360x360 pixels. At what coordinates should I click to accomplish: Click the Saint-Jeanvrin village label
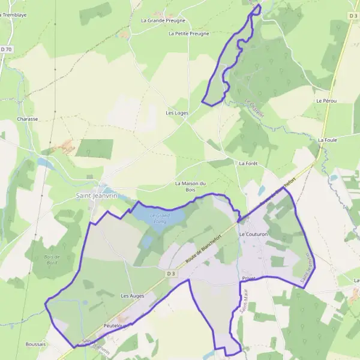coord(97,195)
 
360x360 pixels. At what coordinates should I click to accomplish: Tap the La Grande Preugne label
coord(163,20)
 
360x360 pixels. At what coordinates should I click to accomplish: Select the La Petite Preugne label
coord(189,34)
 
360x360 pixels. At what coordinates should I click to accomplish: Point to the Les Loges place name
coord(178,113)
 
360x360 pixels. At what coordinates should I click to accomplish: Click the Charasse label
coord(28,119)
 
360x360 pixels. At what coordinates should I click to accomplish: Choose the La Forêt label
coord(248,163)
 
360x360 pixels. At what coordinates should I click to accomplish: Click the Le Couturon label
coord(253,233)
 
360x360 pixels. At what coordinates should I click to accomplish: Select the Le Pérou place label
coord(327,101)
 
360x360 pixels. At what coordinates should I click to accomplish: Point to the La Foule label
coord(328,140)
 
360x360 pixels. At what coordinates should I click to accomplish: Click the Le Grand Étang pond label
coord(160,217)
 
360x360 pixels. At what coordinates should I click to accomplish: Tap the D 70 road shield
coord(6,49)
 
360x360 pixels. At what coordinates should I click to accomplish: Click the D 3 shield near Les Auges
coord(172,274)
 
